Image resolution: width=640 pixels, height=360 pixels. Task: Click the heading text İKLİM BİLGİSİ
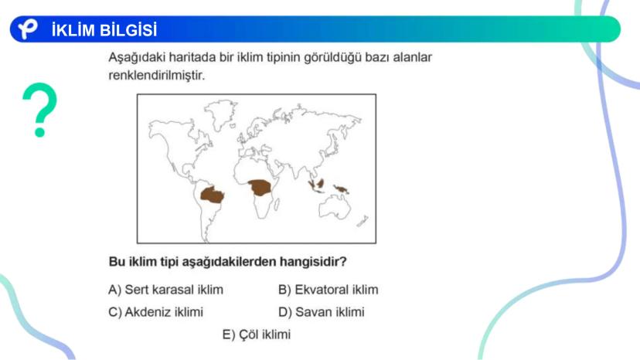point(104,30)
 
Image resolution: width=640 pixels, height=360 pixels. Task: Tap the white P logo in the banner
point(27,29)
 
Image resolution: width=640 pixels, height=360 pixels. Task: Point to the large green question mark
point(40,110)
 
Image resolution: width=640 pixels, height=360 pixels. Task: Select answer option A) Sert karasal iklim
point(165,290)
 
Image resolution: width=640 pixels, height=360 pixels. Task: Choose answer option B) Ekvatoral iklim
point(329,290)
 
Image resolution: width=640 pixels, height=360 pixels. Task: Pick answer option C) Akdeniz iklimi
point(155,312)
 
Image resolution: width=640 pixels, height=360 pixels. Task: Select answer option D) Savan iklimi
point(322,312)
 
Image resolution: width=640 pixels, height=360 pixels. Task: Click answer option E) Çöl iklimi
point(257,335)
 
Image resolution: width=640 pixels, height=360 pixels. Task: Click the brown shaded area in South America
point(213,195)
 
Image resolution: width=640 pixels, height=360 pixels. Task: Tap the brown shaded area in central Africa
point(260,188)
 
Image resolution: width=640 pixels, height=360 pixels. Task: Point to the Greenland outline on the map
point(220,114)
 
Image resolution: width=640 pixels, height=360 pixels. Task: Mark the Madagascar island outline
point(277,204)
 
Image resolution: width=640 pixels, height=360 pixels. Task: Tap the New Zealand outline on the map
point(363,221)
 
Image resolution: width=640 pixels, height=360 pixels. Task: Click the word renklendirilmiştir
point(156,76)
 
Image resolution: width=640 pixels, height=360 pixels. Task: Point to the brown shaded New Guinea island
point(341,189)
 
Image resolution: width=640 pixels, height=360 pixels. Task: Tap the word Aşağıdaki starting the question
point(137,57)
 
